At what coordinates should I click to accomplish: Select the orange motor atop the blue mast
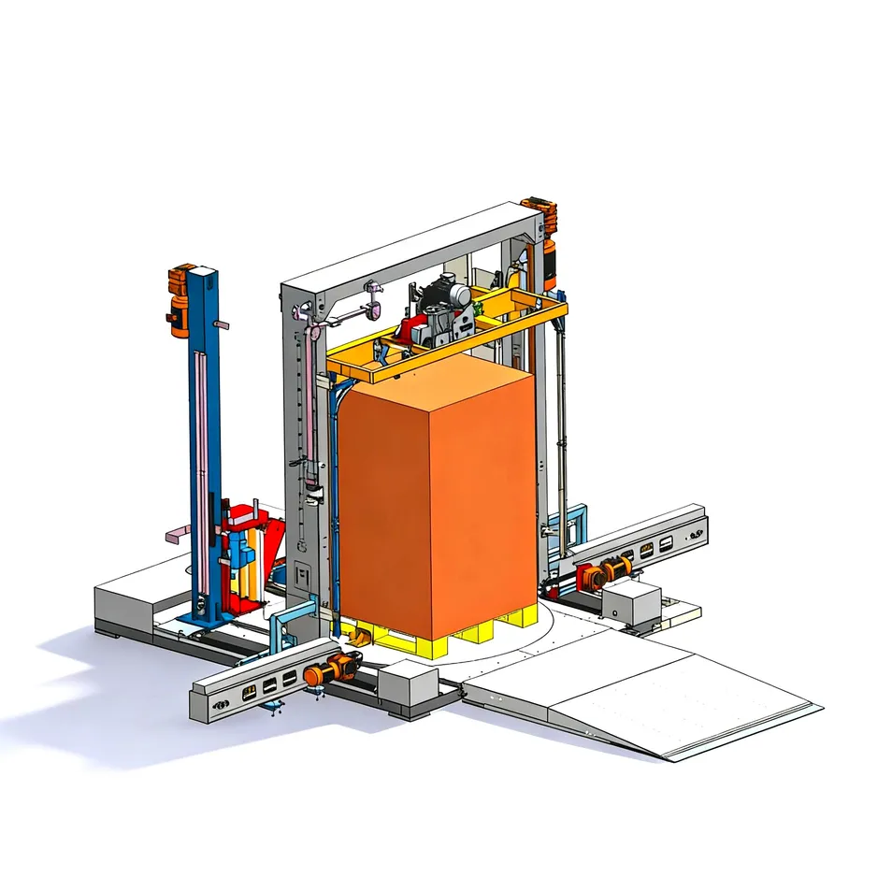[x=179, y=299]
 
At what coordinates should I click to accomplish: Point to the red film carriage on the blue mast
[x=245, y=552]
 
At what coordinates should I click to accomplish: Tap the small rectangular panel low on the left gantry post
[x=302, y=571]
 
